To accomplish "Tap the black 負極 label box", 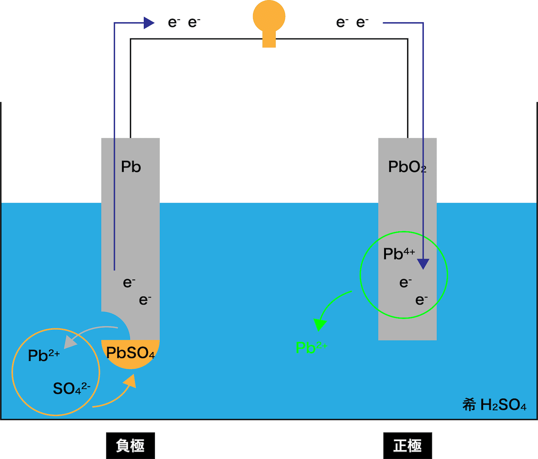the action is point(131,445).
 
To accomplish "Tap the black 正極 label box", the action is point(407,445).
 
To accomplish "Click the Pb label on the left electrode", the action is point(131,166).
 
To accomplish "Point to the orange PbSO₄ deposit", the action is point(131,353).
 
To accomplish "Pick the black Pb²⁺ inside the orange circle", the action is point(44,355).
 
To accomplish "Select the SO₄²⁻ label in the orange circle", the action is point(72,388).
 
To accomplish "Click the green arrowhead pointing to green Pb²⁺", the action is point(320,324).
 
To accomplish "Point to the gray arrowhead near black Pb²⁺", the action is point(70,342).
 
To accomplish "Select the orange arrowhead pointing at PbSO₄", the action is point(130,381).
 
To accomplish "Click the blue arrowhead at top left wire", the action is point(149,23).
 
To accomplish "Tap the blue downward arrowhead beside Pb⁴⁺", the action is point(423,264).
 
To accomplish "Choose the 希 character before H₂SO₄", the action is point(469,405).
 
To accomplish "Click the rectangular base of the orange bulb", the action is point(269,39).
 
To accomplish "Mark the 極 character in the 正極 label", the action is point(414,445).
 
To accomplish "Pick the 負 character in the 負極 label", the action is point(123,445).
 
